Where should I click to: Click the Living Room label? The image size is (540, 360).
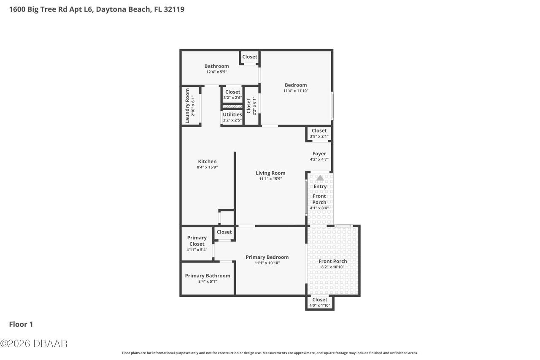pos(270,173)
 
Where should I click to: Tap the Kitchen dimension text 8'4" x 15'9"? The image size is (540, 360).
pos(207,167)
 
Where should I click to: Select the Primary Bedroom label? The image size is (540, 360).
pos(267,257)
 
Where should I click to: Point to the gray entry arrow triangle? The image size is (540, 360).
pos(320,178)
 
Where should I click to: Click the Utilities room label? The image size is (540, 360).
pos(232,114)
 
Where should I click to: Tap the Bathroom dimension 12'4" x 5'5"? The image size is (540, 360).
pos(216,72)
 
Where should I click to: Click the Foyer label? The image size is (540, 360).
pos(319,154)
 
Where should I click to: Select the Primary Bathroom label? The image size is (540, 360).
pos(208,276)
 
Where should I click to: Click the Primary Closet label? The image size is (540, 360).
pos(197,241)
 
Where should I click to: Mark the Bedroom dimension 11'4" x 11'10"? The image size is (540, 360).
pos(296,91)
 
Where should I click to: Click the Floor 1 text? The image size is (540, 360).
pos(21,324)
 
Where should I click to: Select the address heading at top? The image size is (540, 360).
pos(97,9)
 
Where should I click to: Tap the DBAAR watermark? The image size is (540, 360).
pos(34,343)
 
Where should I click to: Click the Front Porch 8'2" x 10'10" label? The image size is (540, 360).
pos(333,261)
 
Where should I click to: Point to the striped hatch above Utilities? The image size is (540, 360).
pos(232,106)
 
